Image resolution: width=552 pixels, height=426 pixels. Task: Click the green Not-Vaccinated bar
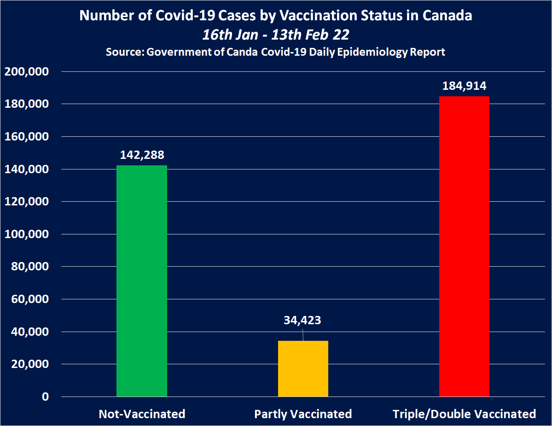click(x=142, y=281)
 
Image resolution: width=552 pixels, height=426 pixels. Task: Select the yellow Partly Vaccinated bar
click(x=303, y=368)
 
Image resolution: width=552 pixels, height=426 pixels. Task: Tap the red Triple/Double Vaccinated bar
click(x=464, y=246)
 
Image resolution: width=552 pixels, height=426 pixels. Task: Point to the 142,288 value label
click(x=142, y=155)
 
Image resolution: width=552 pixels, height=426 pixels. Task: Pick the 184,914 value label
click(x=465, y=86)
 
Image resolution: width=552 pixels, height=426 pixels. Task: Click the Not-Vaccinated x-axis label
click(x=142, y=414)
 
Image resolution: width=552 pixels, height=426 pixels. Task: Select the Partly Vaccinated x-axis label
click(x=303, y=414)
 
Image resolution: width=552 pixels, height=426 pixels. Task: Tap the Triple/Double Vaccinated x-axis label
click(x=464, y=414)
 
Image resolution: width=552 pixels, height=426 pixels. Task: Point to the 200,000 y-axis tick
click(x=29, y=72)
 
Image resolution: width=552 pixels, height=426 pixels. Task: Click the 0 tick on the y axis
click(x=45, y=397)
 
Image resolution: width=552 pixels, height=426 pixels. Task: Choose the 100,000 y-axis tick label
click(x=29, y=234)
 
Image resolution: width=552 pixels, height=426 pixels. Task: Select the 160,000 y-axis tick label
click(x=29, y=137)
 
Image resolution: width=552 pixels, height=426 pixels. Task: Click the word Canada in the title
click(x=448, y=16)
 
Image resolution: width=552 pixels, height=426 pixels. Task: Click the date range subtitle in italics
click(x=276, y=35)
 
